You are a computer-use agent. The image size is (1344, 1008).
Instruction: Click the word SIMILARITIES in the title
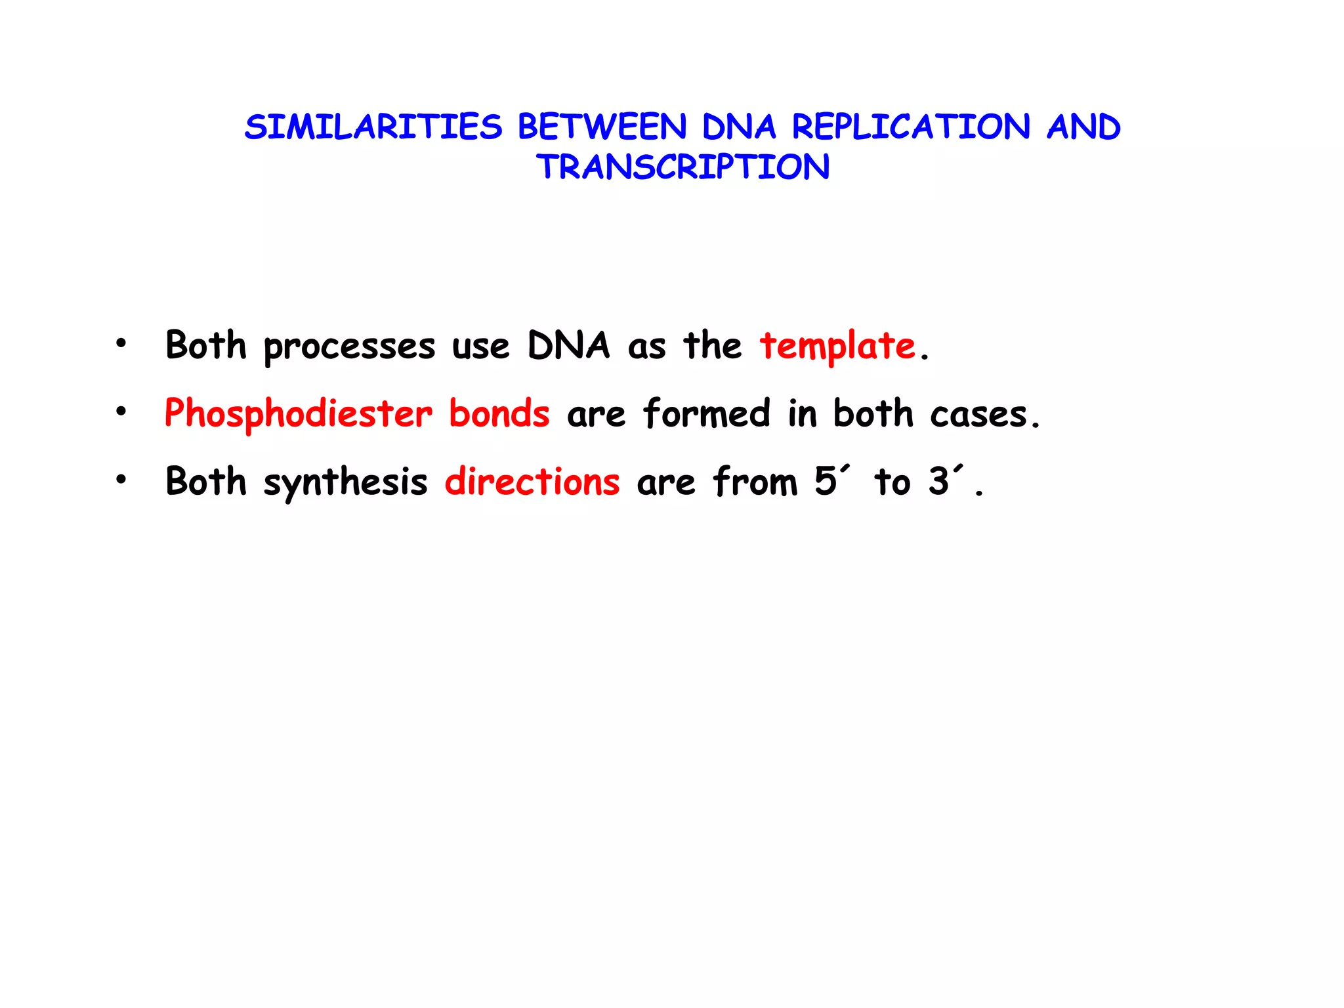tap(373, 127)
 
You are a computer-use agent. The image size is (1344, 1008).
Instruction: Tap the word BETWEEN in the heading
tap(602, 127)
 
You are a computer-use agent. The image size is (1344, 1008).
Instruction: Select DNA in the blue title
tap(739, 127)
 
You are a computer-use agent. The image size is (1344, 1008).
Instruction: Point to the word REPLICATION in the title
tap(911, 127)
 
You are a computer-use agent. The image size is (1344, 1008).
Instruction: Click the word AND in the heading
tap(1083, 127)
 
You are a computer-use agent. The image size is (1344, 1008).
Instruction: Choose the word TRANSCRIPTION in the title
tap(682, 167)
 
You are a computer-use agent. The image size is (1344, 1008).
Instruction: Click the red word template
tap(837, 346)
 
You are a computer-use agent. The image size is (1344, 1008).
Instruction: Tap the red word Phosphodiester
tap(298, 414)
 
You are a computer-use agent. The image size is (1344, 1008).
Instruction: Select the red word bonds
tap(499, 414)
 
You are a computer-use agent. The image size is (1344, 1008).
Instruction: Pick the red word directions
tap(532, 482)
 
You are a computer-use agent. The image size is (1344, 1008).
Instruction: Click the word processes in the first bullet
tap(349, 347)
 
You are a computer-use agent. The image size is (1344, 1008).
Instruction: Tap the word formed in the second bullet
tap(706, 414)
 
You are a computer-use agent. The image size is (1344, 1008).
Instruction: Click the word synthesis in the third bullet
tap(345, 482)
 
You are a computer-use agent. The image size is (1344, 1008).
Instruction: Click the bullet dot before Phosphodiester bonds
tap(121, 412)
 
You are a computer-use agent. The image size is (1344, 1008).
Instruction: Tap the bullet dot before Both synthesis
tap(121, 480)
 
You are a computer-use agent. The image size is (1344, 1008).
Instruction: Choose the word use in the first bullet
tap(480, 347)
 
